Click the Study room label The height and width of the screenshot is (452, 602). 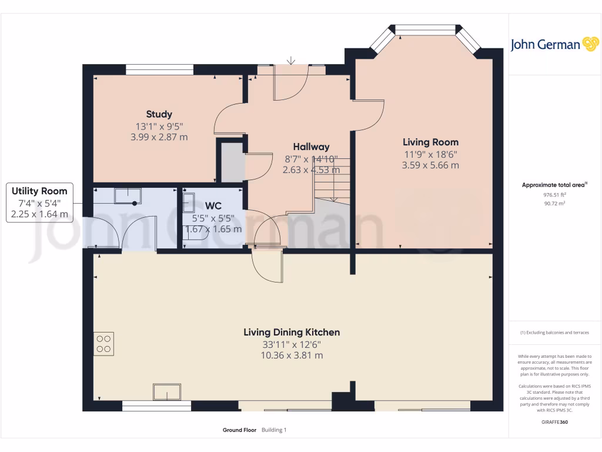tap(159, 114)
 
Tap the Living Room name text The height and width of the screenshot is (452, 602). tap(430, 142)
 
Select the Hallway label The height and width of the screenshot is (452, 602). tap(311, 147)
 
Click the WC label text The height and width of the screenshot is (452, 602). tap(213, 205)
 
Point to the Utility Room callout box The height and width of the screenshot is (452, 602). tap(39, 202)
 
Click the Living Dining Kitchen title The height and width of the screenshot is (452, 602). tap(292, 333)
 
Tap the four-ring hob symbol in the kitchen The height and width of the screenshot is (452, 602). tap(103, 344)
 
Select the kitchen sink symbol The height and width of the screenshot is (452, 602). tap(167, 392)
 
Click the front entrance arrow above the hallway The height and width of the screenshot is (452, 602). tap(291, 61)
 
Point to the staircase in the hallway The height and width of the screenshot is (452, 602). tap(333, 180)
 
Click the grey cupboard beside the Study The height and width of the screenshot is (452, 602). tap(232, 162)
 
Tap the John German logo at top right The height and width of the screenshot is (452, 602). tap(554, 45)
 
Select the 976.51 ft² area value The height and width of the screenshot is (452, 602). tap(555, 195)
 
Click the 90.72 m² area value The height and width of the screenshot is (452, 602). tap(555, 203)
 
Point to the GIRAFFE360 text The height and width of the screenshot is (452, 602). tap(555, 422)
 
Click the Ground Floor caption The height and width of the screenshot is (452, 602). tap(239, 430)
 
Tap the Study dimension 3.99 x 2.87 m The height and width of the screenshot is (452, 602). tap(159, 137)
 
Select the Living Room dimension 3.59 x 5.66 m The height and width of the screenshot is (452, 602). tap(430, 165)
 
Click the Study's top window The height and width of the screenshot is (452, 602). tap(160, 69)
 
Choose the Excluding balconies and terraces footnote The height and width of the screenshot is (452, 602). tap(555, 333)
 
